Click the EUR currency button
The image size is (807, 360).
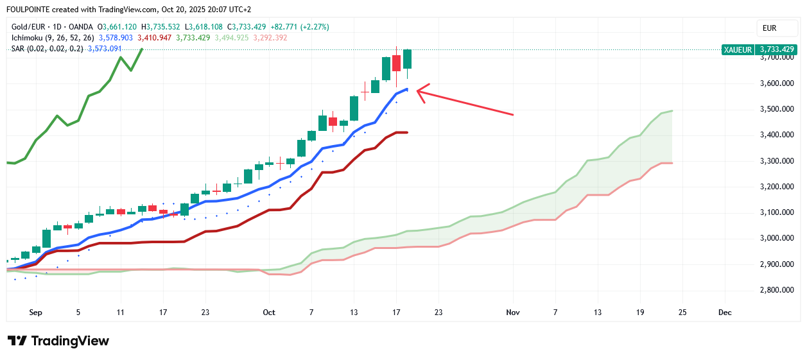[769, 28]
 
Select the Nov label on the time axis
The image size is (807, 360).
[512, 313]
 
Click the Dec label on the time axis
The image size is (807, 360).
[725, 313]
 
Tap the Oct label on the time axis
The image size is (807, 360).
[268, 313]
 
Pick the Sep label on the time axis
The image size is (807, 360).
[35, 313]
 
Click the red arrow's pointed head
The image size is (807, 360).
[419, 91]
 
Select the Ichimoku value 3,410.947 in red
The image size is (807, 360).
[154, 38]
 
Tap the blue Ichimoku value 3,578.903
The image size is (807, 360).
[116, 38]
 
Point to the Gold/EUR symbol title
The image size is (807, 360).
[31, 27]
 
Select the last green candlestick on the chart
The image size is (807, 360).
[407, 59]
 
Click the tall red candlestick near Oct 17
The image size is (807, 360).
[397, 63]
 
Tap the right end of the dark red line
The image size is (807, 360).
[407, 133]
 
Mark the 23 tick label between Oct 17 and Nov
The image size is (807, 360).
[438, 313]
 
